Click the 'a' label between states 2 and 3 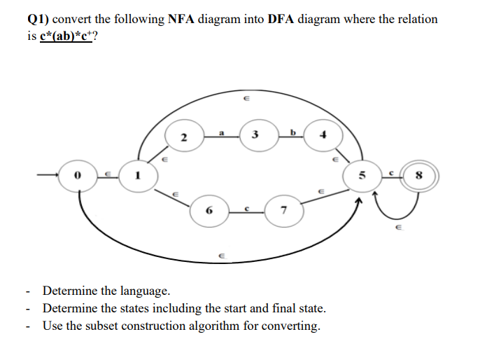[x=222, y=129]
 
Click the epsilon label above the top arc [x=245, y=99]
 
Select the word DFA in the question [x=280, y=19]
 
